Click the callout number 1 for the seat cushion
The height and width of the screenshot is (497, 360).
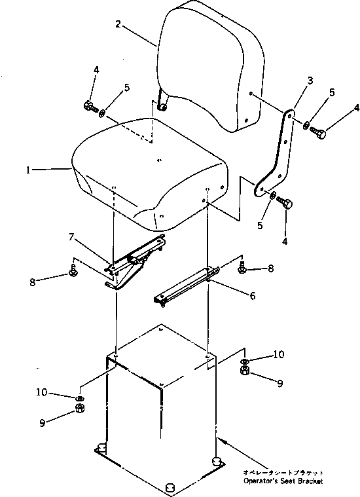(x=28, y=170)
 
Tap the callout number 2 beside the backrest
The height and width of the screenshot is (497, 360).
(x=118, y=24)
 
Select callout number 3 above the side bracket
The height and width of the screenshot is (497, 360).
(x=310, y=81)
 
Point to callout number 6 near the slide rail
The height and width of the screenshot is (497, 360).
(x=252, y=296)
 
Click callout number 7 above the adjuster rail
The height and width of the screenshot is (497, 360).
(x=71, y=237)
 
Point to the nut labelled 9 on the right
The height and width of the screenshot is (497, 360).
(x=245, y=370)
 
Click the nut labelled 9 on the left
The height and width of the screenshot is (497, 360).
(x=80, y=408)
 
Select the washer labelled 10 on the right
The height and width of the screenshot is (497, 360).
(x=245, y=361)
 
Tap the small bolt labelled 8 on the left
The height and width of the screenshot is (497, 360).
(x=73, y=272)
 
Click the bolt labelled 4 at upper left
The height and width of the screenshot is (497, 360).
(x=91, y=107)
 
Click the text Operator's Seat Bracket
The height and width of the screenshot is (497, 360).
(x=283, y=481)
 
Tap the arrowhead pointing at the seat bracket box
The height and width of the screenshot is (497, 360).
(x=221, y=441)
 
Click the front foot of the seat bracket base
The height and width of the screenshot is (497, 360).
(x=170, y=487)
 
